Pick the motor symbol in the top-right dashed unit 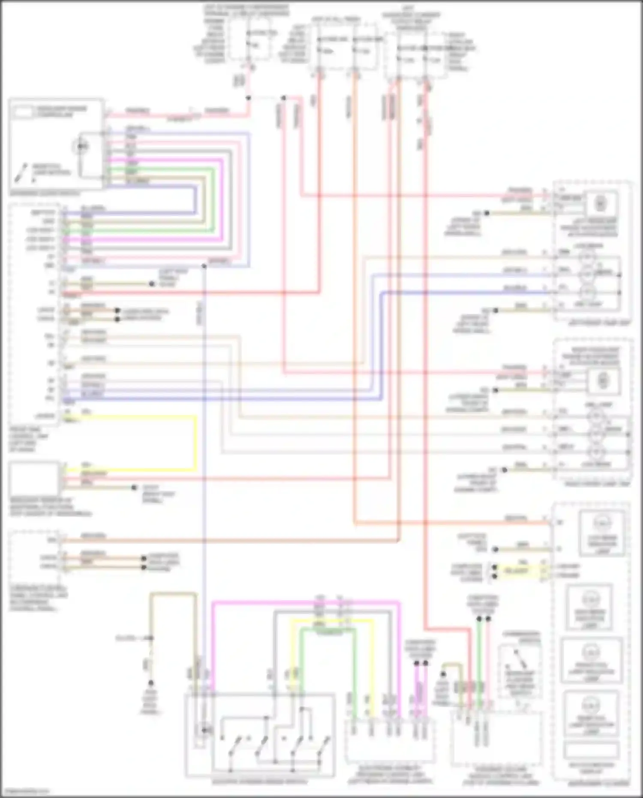coord(600,203)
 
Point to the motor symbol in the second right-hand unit coord(603,380)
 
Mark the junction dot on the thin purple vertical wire coord(204,266)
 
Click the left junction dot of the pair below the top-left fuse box coord(248,98)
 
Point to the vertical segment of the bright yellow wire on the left coord(196,442)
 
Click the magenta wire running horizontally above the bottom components coord(306,602)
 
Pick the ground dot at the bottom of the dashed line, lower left coord(150,683)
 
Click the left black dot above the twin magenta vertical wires coord(416,663)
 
